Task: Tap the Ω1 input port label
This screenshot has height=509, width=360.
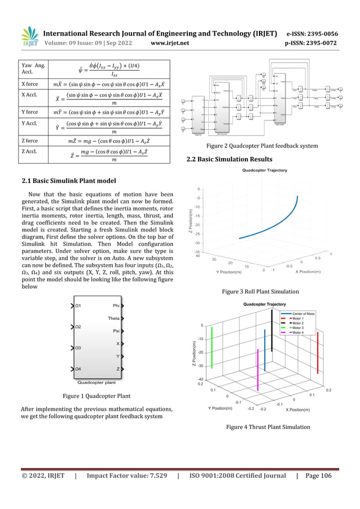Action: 78,306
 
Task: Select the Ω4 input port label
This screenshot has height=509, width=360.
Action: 78,370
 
